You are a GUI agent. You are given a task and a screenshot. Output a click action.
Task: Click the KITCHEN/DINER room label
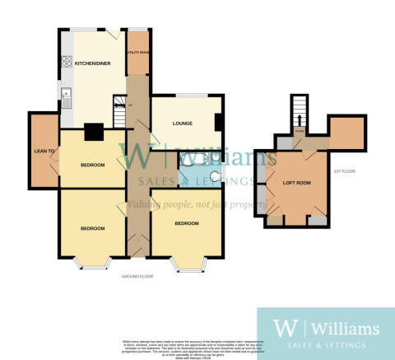coord(93,63)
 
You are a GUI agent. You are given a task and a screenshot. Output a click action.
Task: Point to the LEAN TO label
coord(43,151)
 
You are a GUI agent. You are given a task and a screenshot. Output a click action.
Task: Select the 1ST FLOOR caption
coord(344,171)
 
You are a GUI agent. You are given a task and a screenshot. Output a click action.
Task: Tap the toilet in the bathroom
coord(216,175)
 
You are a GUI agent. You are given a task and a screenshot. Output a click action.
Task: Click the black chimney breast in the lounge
coord(219,123)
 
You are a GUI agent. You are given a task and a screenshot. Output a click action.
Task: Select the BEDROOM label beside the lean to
coord(93,165)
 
